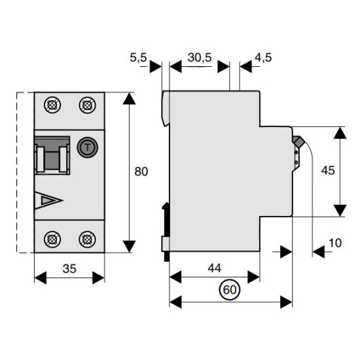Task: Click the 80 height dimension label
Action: [x=141, y=171]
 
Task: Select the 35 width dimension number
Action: [x=69, y=268]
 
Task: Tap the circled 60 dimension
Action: [x=230, y=290]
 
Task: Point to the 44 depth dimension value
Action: [x=215, y=268]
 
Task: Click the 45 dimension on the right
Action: [x=328, y=171]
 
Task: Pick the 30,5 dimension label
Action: [x=199, y=58]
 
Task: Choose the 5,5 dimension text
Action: [x=138, y=58]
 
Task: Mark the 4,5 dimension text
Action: [x=263, y=58]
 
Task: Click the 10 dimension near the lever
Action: [x=335, y=243]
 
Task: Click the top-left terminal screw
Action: [x=52, y=105]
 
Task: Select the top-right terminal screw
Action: [x=87, y=105]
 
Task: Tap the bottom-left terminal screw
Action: [x=52, y=240]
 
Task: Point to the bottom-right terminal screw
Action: [x=87, y=240]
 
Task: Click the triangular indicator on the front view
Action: [x=48, y=200]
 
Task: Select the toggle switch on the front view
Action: [x=52, y=155]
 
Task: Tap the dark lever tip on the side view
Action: [x=298, y=141]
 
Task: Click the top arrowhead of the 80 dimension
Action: [x=129, y=98]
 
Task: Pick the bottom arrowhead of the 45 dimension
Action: [x=340, y=211]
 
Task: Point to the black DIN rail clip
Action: [x=166, y=232]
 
